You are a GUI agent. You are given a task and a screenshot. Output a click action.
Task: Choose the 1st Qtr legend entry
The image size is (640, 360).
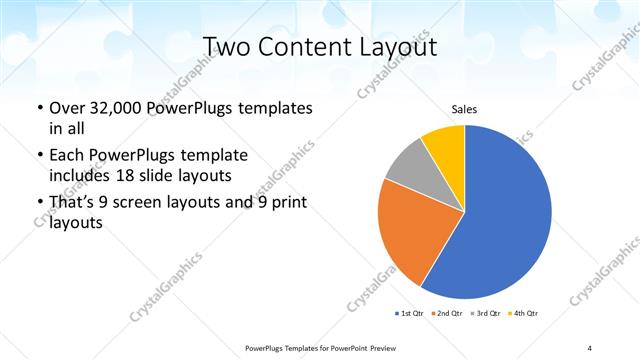(410, 314)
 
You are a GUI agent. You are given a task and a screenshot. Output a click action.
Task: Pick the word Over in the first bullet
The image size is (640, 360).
(67, 107)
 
